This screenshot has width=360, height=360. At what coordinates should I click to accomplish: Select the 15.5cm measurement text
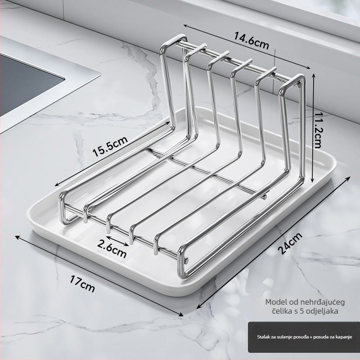tap(110, 147)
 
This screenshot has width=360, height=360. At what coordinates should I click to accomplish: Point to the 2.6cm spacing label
tap(112, 248)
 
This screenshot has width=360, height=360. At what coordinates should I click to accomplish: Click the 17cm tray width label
tap(82, 284)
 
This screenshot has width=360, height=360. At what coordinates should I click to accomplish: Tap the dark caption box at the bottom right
tap(304, 337)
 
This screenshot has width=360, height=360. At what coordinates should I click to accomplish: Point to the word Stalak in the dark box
tap(262, 337)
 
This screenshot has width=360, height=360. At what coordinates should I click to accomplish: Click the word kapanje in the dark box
tap(345, 337)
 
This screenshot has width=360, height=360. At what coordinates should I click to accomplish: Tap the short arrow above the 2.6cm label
tap(117, 241)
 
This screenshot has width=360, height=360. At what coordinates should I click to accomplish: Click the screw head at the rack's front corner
tap(186, 260)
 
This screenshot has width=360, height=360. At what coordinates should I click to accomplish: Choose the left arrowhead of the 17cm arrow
tap(18, 237)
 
